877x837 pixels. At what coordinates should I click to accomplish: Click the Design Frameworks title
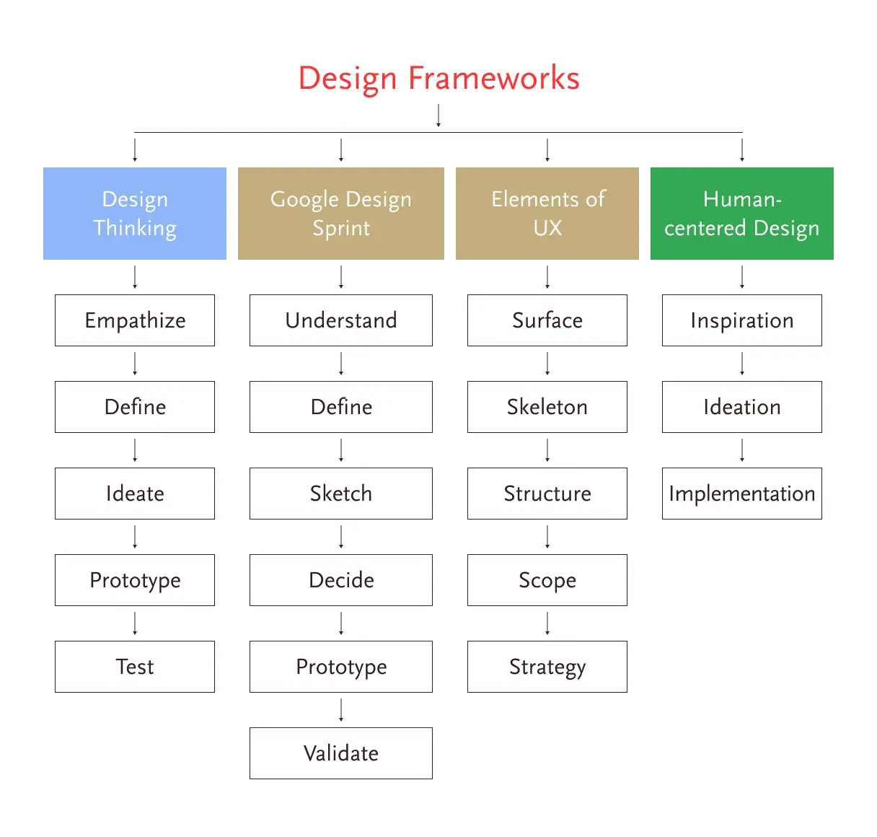tap(438, 78)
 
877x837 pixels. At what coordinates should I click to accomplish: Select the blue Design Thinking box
tap(135, 214)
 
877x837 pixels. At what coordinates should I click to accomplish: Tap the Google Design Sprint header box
tap(341, 214)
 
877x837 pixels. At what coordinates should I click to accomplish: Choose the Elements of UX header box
tap(547, 214)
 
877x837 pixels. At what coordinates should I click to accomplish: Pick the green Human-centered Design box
tap(741, 214)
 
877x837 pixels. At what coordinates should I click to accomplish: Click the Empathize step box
tap(135, 320)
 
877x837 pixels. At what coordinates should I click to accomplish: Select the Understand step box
tap(341, 320)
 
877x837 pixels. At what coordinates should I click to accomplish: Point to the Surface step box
tap(547, 320)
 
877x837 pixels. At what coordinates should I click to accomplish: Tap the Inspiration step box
tap(741, 320)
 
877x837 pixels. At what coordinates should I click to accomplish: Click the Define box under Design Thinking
tap(135, 407)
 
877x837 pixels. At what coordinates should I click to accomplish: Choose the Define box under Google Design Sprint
tap(341, 407)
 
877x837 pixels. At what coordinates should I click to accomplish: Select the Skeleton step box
tap(547, 407)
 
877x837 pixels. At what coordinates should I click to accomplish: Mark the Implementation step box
tap(741, 494)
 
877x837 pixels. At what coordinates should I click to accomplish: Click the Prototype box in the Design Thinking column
tap(135, 580)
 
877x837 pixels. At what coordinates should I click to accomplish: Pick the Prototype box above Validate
tap(341, 667)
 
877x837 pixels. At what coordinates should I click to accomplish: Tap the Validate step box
tap(341, 753)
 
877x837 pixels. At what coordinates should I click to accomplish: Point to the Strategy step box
tap(547, 667)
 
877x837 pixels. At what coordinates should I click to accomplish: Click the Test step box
tap(135, 667)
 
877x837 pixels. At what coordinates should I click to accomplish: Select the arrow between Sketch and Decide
tap(341, 537)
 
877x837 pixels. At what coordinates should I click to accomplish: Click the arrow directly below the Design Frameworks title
tap(438, 115)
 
